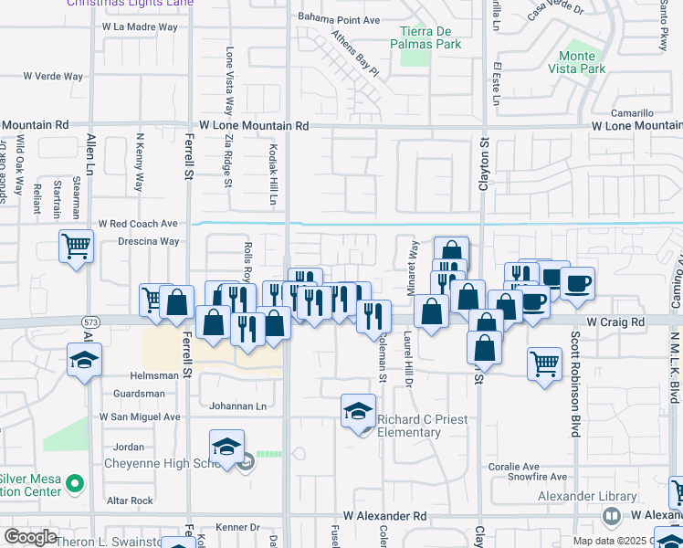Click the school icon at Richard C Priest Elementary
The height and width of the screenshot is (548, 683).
click(359, 411)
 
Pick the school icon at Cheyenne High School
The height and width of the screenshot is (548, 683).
click(226, 447)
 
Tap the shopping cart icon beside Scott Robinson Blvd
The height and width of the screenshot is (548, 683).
click(544, 363)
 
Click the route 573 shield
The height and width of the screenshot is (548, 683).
click(89, 322)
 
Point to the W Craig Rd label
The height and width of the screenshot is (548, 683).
click(615, 322)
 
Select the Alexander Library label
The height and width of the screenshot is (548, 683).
click(600, 497)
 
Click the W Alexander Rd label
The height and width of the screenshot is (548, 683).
click(385, 516)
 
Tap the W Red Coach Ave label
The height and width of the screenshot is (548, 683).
click(138, 224)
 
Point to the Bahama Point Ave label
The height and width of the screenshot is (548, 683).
click(339, 19)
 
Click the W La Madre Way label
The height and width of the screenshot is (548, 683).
click(140, 27)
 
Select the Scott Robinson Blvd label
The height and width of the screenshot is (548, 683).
click(576, 384)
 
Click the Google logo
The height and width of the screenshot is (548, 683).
click(30, 537)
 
